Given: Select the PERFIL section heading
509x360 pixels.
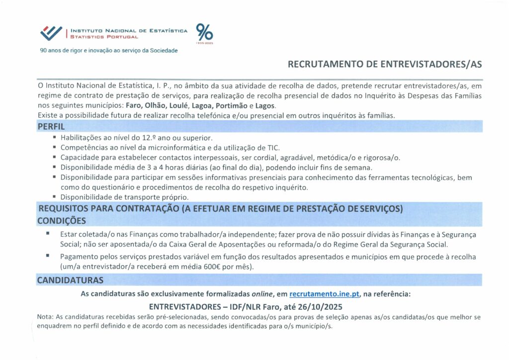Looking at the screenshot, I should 51,126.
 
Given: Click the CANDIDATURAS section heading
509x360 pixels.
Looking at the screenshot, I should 70,280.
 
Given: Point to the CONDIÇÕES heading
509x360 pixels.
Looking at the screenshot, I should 62,220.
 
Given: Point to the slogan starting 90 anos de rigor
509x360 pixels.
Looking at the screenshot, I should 108,51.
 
